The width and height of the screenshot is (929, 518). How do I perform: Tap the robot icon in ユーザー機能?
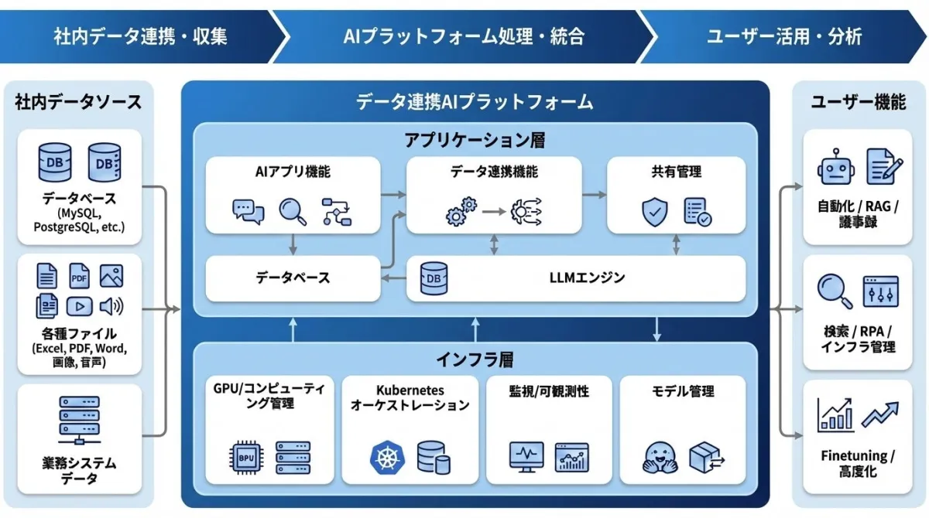click(x=835, y=167)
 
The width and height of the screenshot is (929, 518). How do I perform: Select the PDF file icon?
click(x=79, y=276)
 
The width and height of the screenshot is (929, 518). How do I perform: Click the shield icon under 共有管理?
click(x=654, y=211)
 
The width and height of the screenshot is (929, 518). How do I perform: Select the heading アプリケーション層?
click(x=475, y=140)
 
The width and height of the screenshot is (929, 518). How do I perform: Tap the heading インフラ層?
click(x=475, y=360)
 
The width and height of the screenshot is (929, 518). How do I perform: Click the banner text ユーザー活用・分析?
click(x=783, y=36)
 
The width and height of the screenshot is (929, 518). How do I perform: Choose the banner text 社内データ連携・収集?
click(x=140, y=36)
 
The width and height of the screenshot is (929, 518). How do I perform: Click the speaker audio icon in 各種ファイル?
click(x=111, y=307)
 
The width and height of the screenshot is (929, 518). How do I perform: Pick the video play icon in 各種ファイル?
click(x=79, y=307)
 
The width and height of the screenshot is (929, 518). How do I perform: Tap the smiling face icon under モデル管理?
click(x=660, y=458)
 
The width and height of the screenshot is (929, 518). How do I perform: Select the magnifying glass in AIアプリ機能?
click(x=293, y=211)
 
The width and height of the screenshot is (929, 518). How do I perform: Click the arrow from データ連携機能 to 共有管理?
click(x=594, y=194)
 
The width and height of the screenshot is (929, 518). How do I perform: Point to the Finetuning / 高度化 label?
click(x=857, y=464)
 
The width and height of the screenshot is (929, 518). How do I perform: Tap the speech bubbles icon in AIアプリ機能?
click(x=249, y=211)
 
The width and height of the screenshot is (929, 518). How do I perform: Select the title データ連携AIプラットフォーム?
click(x=475, y=101)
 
